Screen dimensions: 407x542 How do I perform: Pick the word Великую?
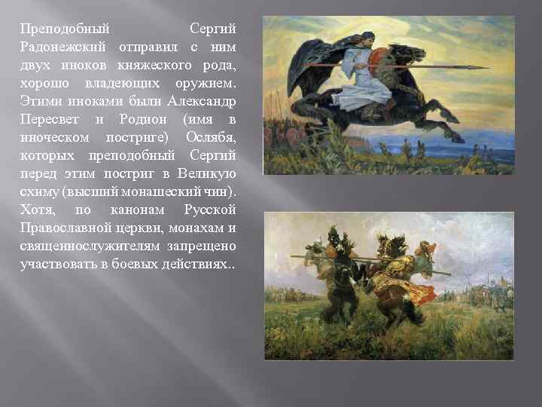click(x=209, y=173)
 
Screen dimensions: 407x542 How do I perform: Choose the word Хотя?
click(x=37, y=210)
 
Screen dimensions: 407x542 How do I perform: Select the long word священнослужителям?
click(x=83, y=246)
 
